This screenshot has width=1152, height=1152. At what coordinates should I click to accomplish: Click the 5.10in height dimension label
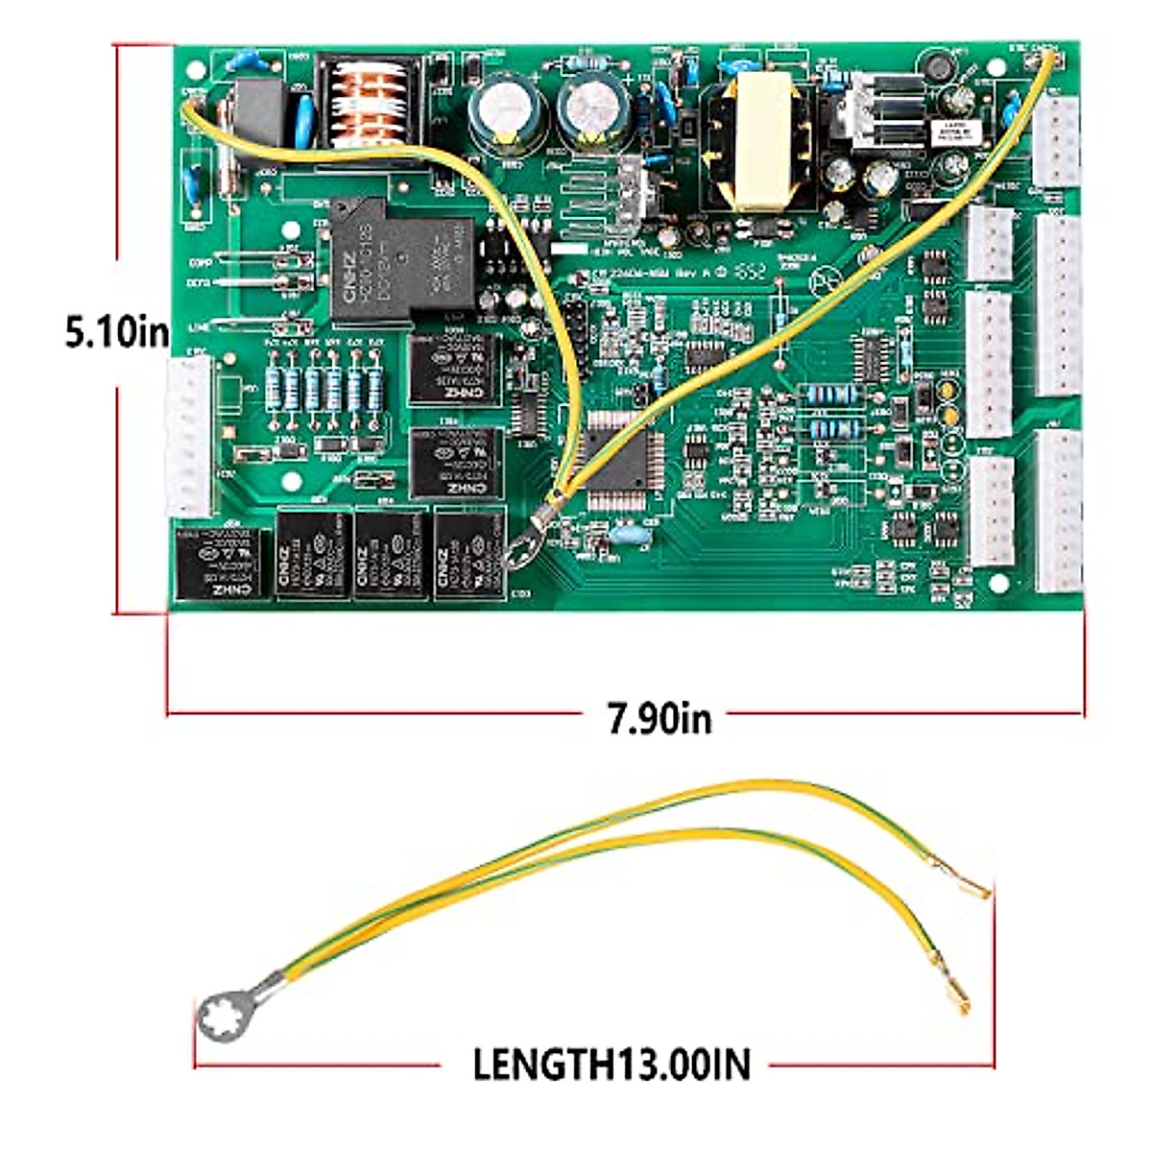click(116, 332)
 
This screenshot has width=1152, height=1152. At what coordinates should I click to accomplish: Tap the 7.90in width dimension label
click(660, 716)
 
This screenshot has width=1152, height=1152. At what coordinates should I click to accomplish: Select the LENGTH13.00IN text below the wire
click(612, 1064)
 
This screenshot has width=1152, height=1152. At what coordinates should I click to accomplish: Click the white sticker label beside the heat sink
click(953, 133)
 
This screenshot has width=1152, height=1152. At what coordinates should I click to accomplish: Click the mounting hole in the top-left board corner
click(196, 69)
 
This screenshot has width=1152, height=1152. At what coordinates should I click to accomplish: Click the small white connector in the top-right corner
click(1057, 140)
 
